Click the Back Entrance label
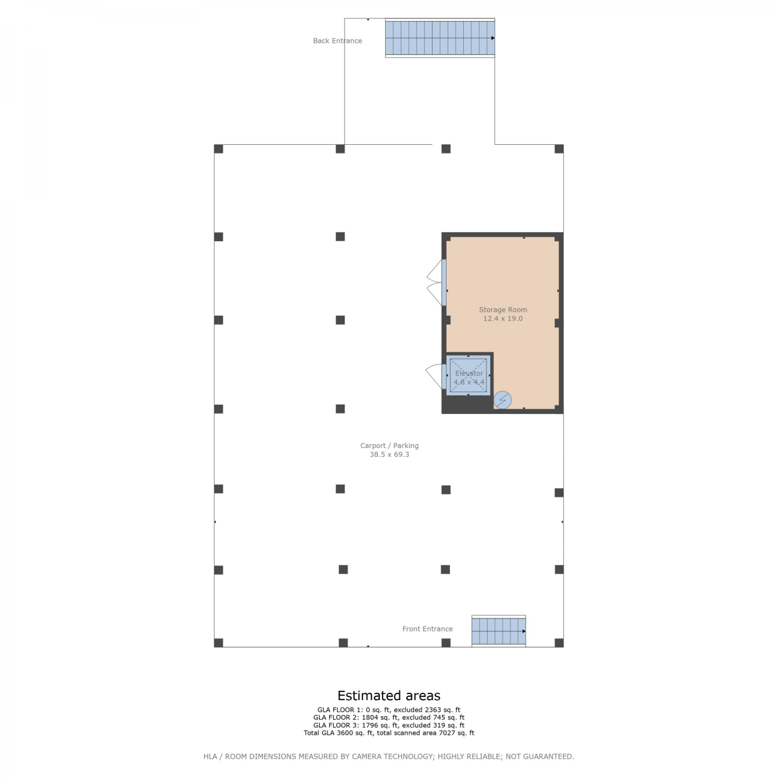point(337,40)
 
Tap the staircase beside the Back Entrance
point(440,38)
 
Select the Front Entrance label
point(427,629)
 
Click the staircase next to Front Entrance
point(498,631)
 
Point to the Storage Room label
point(503,310)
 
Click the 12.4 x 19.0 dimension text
point(503,318)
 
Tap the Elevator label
point(469,373)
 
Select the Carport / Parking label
point(390,446)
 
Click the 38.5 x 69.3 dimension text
point(390,454)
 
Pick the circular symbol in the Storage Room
point(503,400)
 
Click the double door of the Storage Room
point(436,283)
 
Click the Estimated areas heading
point(389,696)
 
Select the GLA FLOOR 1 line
point(389,710)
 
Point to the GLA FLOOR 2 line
point(389,717)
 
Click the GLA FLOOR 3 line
point(389,725)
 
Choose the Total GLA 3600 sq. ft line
point(389,733)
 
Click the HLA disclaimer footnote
point(389,756)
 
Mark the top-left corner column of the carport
point(219,149)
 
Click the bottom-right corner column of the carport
point(559,643)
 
